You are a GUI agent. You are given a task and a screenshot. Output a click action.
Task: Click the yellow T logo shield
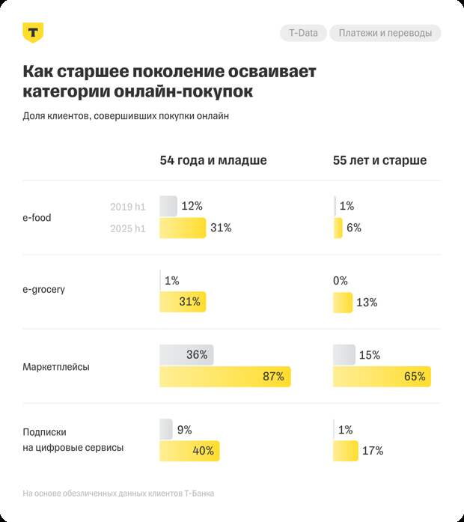tap(34, 32)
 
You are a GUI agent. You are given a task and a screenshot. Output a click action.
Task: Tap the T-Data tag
tap(303, 33)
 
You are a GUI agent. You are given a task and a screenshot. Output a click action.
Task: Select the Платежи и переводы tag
tap(385, 33)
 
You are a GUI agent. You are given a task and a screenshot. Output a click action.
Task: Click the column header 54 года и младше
tap(213, 160)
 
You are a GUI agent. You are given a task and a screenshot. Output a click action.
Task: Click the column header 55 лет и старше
tap(380, 160)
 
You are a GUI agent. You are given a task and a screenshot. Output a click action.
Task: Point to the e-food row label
tap(37, 218)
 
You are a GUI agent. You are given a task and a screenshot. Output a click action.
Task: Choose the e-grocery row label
tap(44, 289)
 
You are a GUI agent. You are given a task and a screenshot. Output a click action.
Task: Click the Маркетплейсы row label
tap(57, 368)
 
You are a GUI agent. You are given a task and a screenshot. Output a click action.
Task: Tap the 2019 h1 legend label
tap(128, 207)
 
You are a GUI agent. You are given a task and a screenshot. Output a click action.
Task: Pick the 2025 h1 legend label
tap(128, 228)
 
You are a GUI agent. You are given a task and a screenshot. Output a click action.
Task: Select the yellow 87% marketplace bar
tap(225, 377)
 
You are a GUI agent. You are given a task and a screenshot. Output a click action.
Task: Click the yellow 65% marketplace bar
tap(382, 377)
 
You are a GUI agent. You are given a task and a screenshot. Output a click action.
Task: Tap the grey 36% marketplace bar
tap(186, 355)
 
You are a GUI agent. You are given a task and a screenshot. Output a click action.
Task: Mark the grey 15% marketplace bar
tap(344, 355)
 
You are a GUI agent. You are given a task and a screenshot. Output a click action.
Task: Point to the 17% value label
tap(373, 451)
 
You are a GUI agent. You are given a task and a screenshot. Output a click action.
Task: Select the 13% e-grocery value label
tap(367, 303)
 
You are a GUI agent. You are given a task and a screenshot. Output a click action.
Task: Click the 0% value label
tap(341, 281)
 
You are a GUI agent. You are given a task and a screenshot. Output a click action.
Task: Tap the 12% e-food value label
tap(192, 206)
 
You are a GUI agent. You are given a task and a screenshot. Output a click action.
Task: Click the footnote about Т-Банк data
tap(118, 494)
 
